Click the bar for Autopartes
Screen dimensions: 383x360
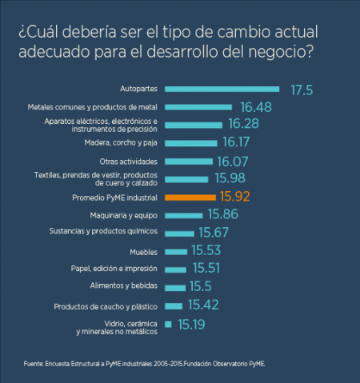[222, 90]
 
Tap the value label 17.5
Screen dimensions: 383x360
[301, 90]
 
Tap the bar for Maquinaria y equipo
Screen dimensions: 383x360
[183, 215]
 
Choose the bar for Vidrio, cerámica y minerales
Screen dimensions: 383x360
[168, 324]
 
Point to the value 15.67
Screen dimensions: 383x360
[214, 233]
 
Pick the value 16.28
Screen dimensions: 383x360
[244, 124]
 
